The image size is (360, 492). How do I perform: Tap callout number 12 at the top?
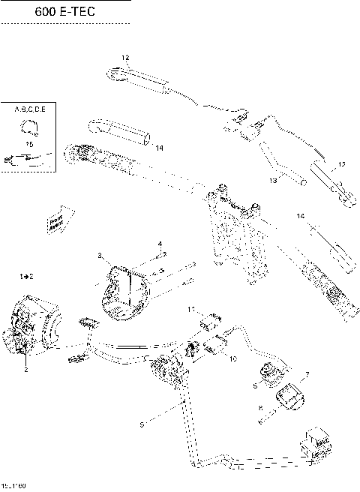pyautogui.click(x=124, y=58)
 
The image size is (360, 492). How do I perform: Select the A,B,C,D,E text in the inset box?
pyautogui.click(x=30, y=109)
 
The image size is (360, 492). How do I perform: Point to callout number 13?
pyautogui.click(x=274, y=180)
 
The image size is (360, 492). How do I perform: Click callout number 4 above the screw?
pyautogui.click(x=160, y=244)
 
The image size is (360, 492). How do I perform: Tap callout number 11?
pyautogui.click(x=192, y=309)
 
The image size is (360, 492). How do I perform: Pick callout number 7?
pyautogui.click(x=306, y=373)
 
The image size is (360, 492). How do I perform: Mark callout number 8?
pyautogui.click(x=260, y=409)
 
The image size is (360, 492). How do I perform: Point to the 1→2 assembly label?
pyautogui.click(x=25, y=277)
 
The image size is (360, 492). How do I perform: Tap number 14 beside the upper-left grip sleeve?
pyautogui.click(x=160, y=148)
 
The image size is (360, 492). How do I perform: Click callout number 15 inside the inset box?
pyautogui.click(x=30, y=142)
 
